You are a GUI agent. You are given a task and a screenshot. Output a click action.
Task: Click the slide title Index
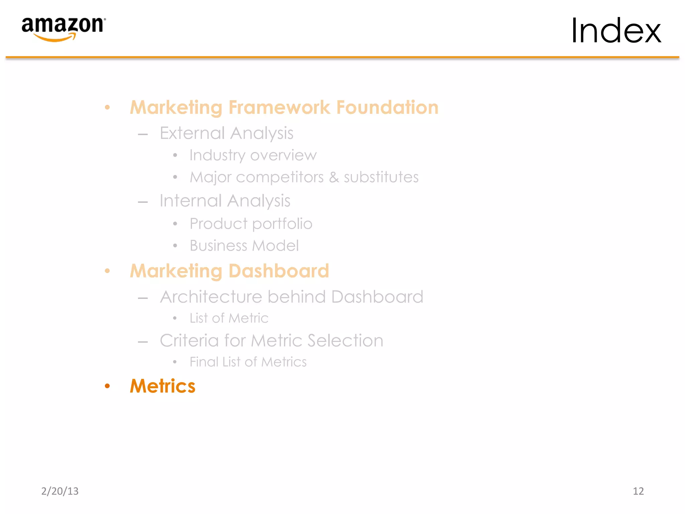(x=616, y=31)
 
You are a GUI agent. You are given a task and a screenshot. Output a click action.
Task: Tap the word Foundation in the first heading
(x=387, y=107)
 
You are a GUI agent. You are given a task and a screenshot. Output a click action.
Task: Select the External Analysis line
(x=226, y=133)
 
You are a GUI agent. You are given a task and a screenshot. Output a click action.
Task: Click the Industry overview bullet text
(x=253, y=155)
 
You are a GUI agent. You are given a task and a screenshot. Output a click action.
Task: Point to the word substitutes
(x=381, y=177)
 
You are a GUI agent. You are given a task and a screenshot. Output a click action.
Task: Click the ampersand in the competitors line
(x=334, y=177)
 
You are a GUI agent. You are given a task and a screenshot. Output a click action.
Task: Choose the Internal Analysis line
(x=225, y=201)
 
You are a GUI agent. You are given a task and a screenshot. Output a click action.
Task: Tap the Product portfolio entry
(x=251, y=224)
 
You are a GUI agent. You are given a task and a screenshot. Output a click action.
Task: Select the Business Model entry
(x=244, y=246)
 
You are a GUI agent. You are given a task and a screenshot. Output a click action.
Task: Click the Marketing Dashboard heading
(x=229, y=271)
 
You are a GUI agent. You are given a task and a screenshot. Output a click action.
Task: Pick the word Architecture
(x=211, y=297)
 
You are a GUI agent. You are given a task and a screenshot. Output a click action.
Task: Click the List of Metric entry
(x=229, y=318)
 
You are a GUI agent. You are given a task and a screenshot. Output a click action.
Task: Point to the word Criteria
(x=189, y=341)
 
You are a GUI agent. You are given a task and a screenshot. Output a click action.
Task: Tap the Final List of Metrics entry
(x=248, y=362)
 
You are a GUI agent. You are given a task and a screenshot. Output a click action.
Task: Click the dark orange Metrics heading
(x=163, y=386)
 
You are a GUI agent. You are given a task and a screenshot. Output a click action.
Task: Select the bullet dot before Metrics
(x=107, y=386)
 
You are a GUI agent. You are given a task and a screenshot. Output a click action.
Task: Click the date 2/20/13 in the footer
(x=60, y=491)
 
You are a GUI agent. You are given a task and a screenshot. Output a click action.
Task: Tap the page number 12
(x=638, y=491)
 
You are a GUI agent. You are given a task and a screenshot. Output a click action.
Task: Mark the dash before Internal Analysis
(x=143, y=202)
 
